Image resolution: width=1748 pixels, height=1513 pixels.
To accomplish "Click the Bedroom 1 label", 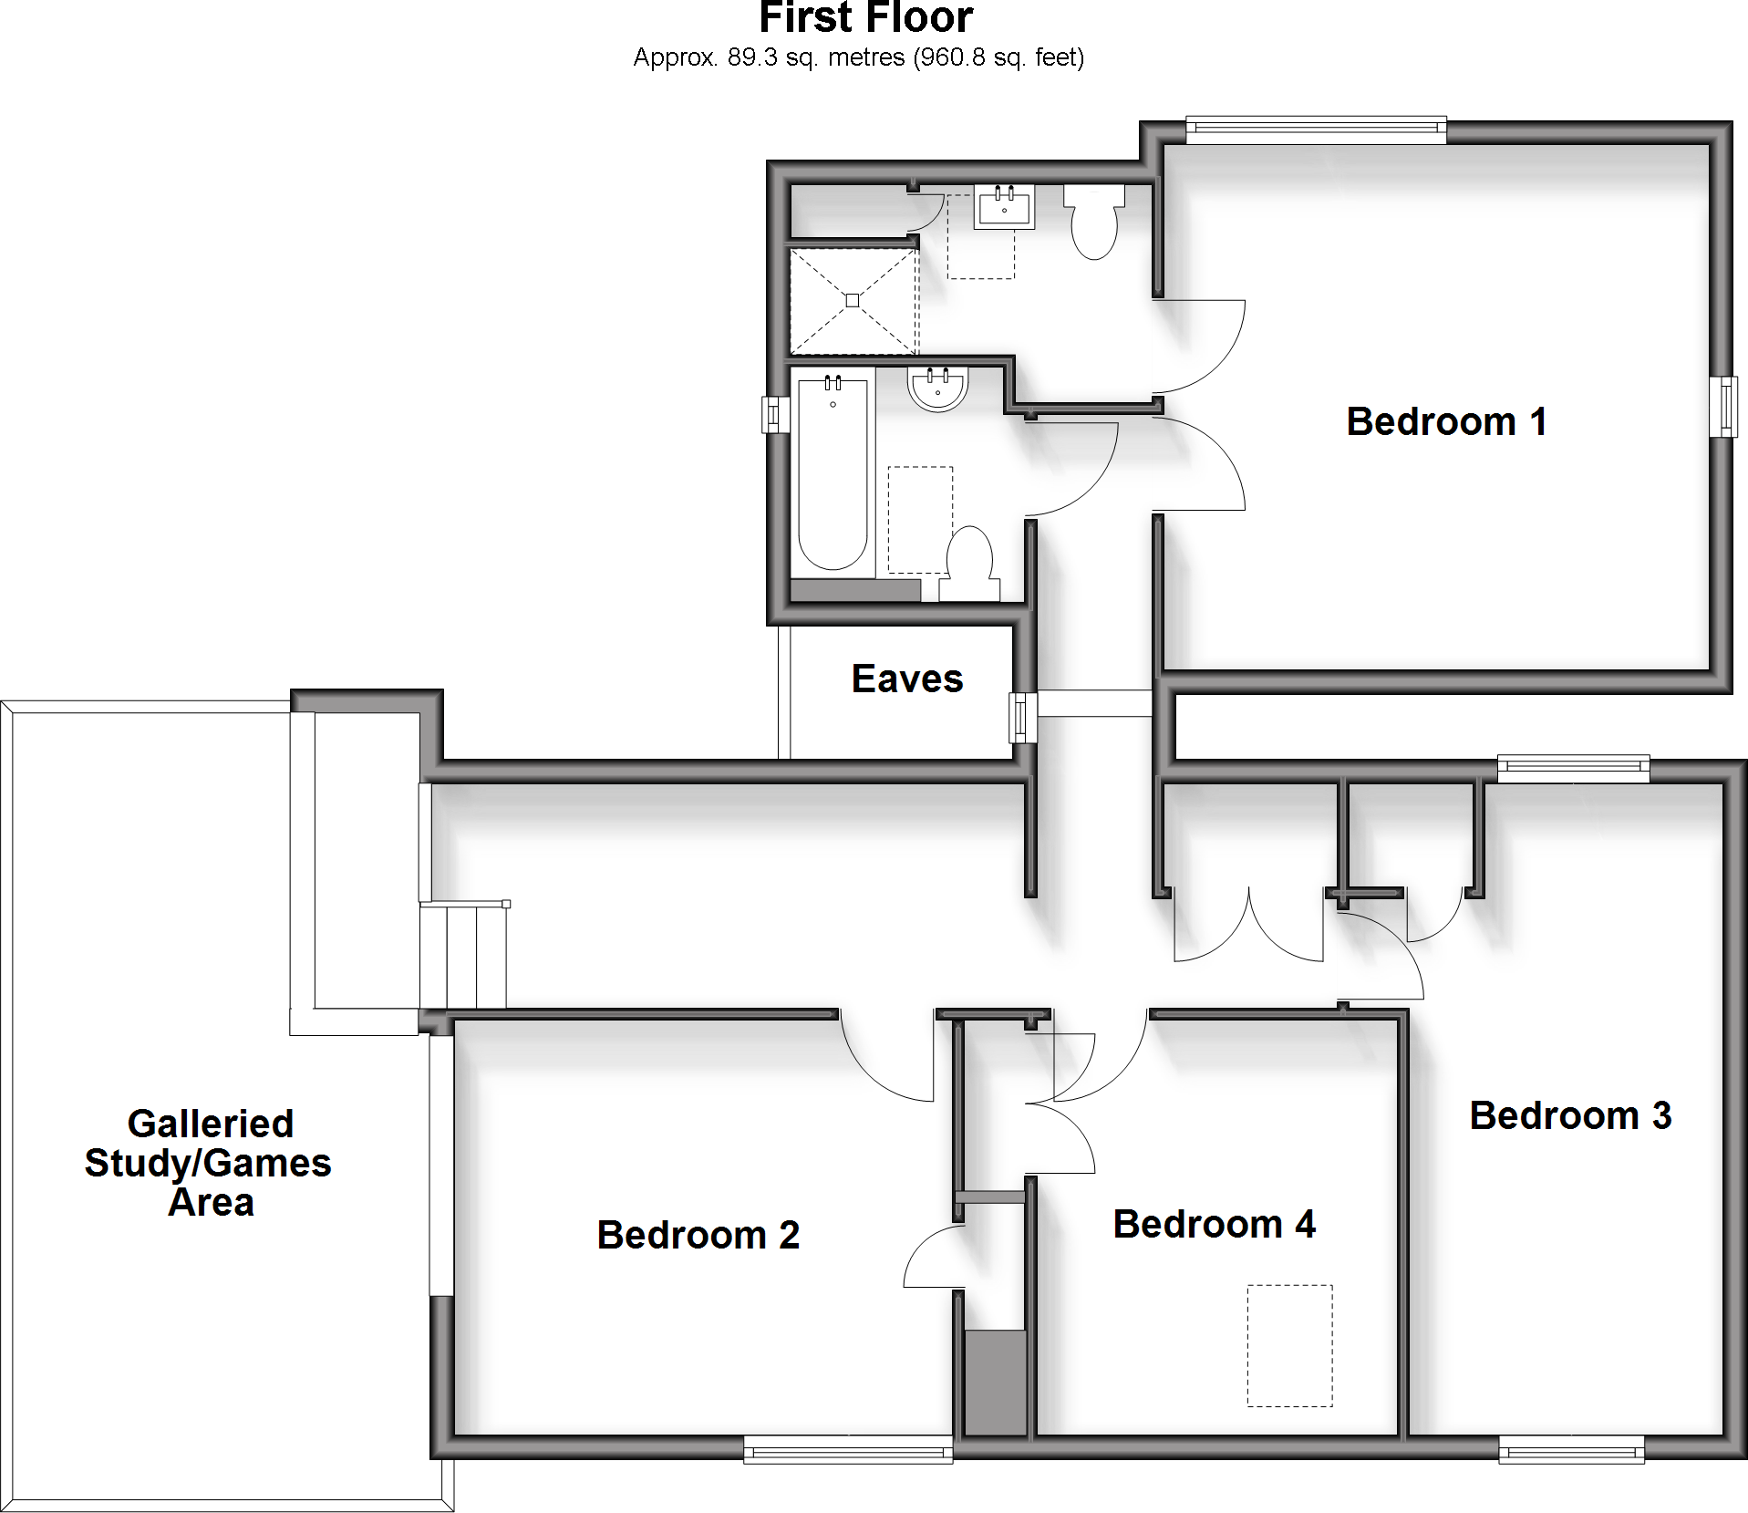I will tap(1446, 422).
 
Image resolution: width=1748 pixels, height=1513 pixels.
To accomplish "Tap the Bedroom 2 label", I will tap(698, 1235).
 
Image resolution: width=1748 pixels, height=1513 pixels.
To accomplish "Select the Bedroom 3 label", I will tap(1570, 1115).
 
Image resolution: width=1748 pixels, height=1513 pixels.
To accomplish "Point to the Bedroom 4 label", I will tap(1214, 1224).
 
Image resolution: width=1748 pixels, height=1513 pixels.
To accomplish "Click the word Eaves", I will tap(907, 679).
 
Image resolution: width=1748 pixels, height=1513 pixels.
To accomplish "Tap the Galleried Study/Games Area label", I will tap(209, 1163).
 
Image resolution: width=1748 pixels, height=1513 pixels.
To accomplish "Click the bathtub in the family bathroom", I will tap(833, 474).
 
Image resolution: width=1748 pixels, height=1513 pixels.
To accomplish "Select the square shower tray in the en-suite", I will tap(852, 300).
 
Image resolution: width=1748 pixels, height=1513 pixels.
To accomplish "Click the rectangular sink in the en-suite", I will tap(1004, 206).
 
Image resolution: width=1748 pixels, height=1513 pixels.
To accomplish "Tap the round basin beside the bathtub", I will tap(937, 390).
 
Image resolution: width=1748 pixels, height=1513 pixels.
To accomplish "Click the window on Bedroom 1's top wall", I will tap(1316, 130).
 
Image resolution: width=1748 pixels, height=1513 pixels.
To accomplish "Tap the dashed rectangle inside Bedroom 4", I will tap(1289, 1345).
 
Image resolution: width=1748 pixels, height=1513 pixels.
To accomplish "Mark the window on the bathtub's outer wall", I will tap(775, 414).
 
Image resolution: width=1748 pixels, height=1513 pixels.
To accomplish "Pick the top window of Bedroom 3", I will tap(1573, 770).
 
